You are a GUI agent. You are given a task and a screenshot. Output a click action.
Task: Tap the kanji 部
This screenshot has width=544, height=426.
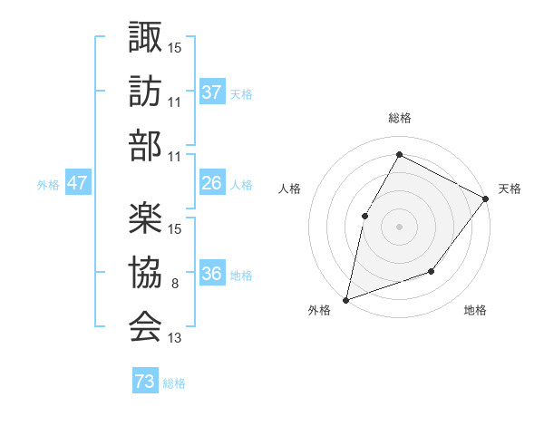(145, 145)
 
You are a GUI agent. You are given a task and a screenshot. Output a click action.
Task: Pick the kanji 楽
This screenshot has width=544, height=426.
(145, 218)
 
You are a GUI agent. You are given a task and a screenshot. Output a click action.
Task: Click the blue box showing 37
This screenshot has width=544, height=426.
(212, 92)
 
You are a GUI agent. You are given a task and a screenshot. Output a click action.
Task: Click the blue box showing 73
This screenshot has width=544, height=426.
(145, 382)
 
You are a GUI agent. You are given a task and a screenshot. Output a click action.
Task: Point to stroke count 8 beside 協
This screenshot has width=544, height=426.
(174, 284)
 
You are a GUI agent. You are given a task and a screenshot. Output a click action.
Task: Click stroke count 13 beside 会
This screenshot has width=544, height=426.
(175, 338)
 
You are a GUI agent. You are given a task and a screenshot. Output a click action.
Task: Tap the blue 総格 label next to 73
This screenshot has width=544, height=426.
(175, 383)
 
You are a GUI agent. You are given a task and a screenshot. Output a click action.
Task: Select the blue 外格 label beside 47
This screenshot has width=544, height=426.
(48, 185)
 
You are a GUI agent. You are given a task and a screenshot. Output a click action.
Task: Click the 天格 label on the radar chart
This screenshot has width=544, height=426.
(510, 189)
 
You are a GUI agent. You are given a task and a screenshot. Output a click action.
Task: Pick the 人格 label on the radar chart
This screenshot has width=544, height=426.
(289, 189)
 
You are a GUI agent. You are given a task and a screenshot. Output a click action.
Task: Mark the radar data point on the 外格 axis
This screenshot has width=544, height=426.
(345, 299)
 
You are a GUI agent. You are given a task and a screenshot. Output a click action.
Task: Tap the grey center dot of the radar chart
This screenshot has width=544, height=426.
(399, 227)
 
